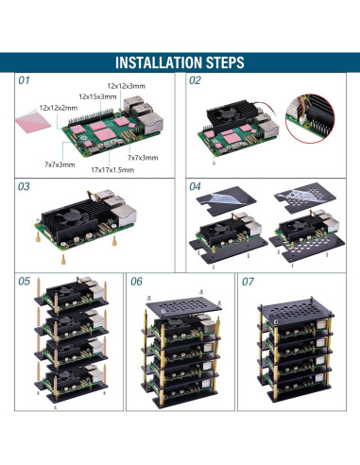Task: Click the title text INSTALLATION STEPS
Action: tap(180, 62)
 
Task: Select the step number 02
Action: tap(196, 81)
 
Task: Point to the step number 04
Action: tap(196, 187)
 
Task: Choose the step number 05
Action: tap(26, 282)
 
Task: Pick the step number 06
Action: tap(137, 282)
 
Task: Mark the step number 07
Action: tap(248, 282)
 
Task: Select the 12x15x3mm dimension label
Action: tap(98, 96)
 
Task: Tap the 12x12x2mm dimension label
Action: tap(59, 108)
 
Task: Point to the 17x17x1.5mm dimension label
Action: tap(111, 170)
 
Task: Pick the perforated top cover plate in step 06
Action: tap(183, 303)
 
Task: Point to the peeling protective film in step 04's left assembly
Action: tap(225, 197)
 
